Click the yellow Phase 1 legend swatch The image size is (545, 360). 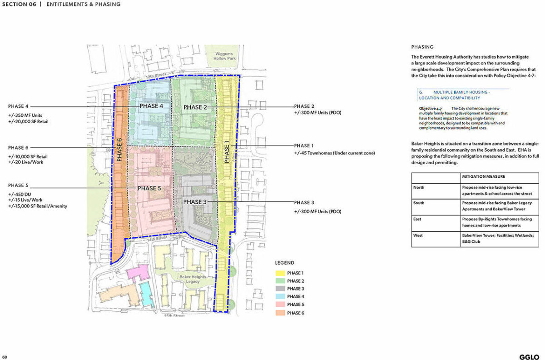280,273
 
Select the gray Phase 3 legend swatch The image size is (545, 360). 280,289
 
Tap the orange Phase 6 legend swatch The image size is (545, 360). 280,313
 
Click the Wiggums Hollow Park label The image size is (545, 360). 226,56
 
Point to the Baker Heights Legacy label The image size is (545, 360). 193,279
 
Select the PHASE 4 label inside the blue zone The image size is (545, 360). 151,106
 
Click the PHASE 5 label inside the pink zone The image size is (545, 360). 149,188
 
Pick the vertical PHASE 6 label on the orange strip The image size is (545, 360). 120,150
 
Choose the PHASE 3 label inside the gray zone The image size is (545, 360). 195,202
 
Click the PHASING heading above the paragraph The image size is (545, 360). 422,47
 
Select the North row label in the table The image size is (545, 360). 419,187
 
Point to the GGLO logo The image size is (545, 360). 529,357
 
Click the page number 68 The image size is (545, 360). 5,357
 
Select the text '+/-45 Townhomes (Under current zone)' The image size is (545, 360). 334,153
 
